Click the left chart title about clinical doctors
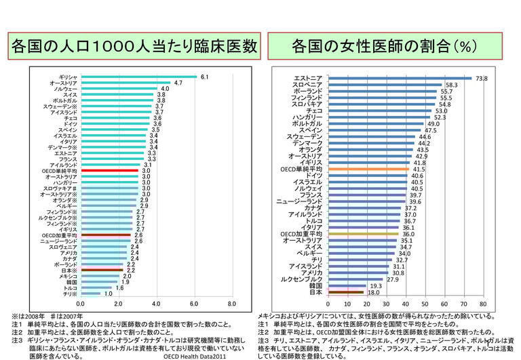tap(134, 47)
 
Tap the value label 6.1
tap(204, 77)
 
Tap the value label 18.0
tap(373, 293)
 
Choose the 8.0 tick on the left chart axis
tap(231, 304)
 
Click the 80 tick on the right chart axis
tap(483, 304)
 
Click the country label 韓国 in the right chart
tap(315, 286)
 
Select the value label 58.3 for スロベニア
tap(451, 85)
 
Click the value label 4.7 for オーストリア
tap(178, 83)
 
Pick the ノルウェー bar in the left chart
tap(118, 89)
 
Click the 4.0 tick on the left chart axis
tap(156, 304)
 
